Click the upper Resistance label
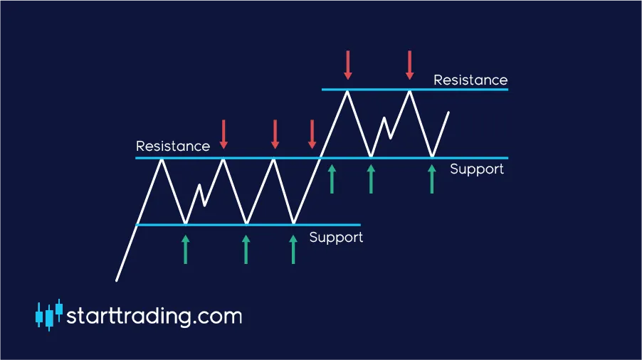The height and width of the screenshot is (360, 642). (x=470, y=80)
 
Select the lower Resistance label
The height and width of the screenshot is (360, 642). (x=173, y=146)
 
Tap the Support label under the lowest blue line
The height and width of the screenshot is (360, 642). (x=336, y=238)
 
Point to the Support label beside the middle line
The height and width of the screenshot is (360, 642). (x=477, y=169)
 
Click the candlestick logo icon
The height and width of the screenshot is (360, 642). (x=49, y=315)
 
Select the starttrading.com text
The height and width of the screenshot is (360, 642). (x=154, y=316)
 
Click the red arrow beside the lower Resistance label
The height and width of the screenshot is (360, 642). (x=223, y=134)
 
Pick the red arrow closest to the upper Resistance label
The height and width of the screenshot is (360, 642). (x=409, y=65)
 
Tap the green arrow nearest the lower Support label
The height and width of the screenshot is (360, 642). (x=293, y=250)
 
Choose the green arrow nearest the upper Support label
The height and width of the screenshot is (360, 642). (x=432, y=179)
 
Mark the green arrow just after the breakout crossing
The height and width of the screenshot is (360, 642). (x=332, y=179)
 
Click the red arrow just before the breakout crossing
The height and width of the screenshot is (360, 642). (x=312, y=134)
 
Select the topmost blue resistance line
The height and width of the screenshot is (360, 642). (x=415, y=89)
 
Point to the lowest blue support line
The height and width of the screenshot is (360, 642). (x=248, y=225)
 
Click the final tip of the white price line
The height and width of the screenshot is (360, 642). (x=448, y=112)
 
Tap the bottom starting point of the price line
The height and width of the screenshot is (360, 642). (x=117, y=280)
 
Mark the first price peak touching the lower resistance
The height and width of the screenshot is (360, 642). (x=162, y=159)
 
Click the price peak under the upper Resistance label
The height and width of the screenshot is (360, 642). (x=409, y=91)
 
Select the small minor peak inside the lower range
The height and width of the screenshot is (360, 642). (x=199, y=185)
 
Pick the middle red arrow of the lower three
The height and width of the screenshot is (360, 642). (x=275, y=134)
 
